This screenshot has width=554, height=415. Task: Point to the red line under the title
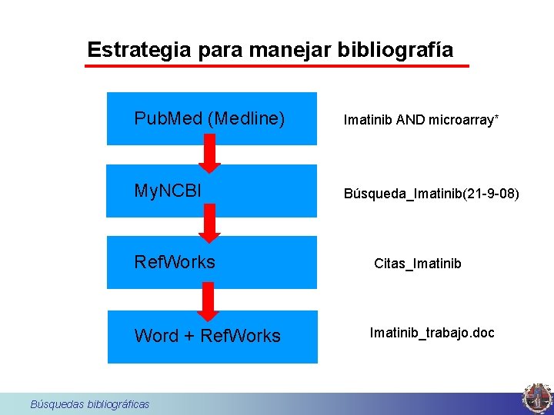point(276,66)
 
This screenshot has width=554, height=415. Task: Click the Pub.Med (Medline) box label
point(209,118)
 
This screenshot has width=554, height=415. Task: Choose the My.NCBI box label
point(168,191)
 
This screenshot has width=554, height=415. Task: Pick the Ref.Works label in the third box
point(175,262)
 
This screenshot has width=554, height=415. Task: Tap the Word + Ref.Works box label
point(208,336)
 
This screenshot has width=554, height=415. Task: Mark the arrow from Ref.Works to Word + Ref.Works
point(207,300)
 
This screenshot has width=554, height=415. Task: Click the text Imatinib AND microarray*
point(421,120)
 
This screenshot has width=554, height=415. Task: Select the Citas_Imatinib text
point(418,264)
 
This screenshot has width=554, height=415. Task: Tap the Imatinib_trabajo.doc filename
point(432,333)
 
